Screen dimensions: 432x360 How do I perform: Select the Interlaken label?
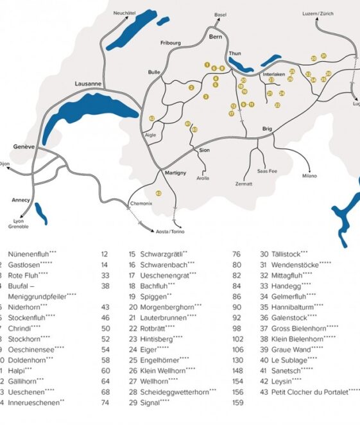pyautogui.click(x=274, y=74)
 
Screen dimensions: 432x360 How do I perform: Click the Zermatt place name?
pyautogui.click(x=244, y=184)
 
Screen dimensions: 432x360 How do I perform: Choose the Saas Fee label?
pyautogui.click(x=267, y=171)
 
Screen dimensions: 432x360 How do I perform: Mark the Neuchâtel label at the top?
pyautogui.click(x=124, y=13)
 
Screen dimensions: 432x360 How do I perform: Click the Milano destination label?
pyautogui.click(x=310, y=175)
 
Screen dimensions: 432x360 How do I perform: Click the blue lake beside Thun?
pyautogui.click(x=241, y=65)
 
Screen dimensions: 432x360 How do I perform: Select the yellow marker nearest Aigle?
pyautogui.click(x=151, y=118)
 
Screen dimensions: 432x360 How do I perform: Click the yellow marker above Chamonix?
pyautogui.click(x=159, y=193)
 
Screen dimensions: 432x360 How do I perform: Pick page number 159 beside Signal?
pyautogui.click(x=237, y=403)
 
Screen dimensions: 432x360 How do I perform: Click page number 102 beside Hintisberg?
pyautogui.click(x=238, y=338)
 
